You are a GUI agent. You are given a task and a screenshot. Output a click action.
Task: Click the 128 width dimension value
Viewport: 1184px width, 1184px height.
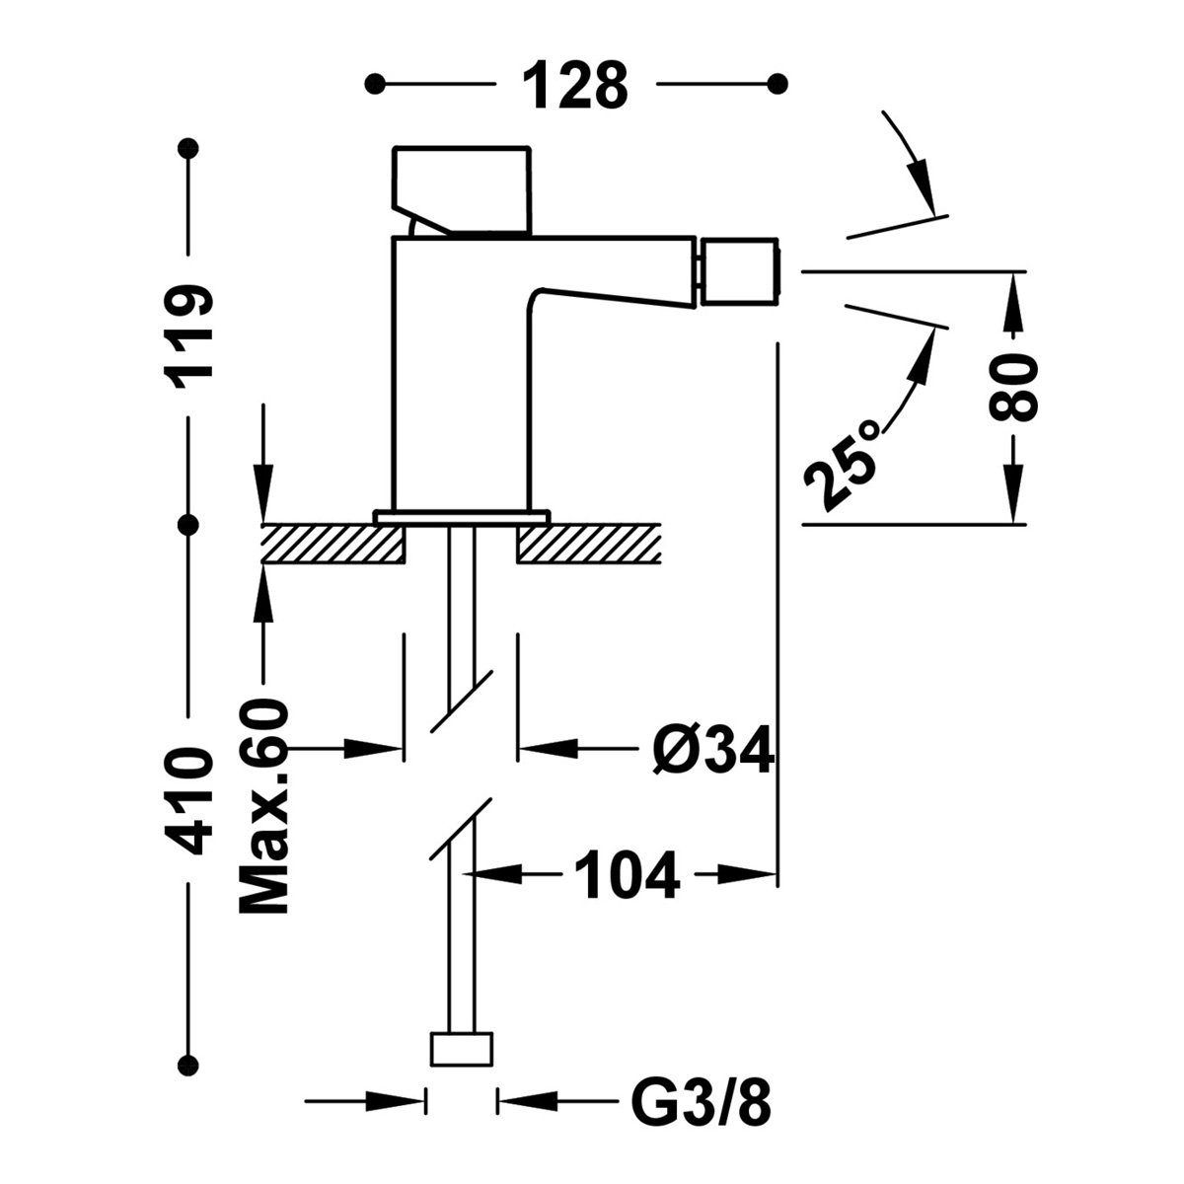coord(574,85)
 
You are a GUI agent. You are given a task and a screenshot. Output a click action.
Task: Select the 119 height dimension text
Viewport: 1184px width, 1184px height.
coord(188,336)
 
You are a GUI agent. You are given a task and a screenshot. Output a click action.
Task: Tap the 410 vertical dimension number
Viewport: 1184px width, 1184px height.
coord(188,800)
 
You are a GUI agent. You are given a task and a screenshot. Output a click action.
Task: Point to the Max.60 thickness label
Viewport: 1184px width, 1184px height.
coord(264,807)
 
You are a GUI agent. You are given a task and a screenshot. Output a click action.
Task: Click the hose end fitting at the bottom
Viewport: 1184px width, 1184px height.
coord(461,1049)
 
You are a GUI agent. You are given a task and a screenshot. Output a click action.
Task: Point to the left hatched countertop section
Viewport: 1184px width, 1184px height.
coord(333,544)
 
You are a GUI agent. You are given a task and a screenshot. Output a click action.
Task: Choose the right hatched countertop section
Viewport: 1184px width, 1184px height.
coord(587,544)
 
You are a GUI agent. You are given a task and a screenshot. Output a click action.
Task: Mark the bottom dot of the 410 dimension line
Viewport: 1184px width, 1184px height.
coord(189,1065)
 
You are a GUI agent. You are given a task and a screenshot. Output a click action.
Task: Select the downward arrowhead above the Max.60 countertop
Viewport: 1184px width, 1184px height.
coord(262,503)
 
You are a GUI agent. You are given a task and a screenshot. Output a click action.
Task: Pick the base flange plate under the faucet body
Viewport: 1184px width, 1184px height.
coord(461,515)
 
